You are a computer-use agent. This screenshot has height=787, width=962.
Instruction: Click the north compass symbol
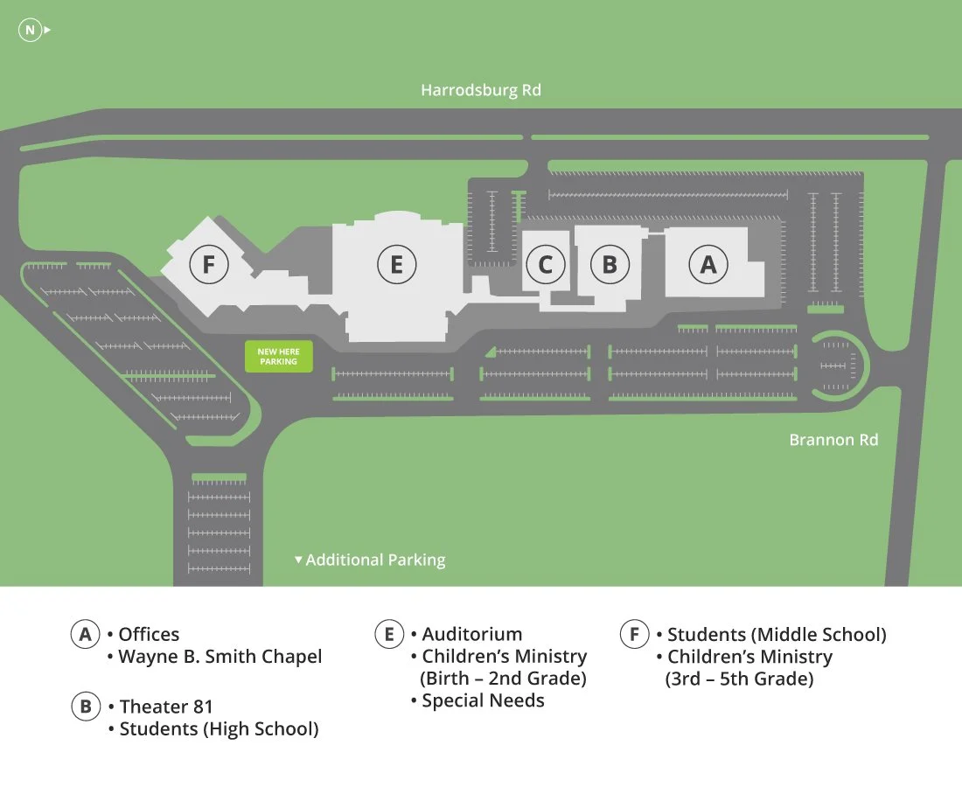pos(31,31)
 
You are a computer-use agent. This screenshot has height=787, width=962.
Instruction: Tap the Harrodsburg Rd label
pos(481,90)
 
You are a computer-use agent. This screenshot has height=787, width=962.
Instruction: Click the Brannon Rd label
pos(833,440)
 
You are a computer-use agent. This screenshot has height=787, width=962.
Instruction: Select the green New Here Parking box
pos(278,357)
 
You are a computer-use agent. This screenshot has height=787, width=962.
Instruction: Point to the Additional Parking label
pos(374,560)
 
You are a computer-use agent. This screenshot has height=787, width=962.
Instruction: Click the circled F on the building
pos(208,263)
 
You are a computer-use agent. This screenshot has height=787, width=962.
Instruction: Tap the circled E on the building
pos(396,264)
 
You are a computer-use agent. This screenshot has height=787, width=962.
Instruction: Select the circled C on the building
pos(545,264)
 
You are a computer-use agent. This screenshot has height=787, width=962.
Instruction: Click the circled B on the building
pos(610,264)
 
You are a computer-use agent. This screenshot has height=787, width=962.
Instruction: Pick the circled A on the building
pos(708,264)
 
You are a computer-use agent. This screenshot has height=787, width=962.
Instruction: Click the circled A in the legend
pos(85,635)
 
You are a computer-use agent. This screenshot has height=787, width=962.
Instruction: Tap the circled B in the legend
pos(85,707)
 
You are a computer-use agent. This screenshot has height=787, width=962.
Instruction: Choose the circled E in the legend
pos(389,635)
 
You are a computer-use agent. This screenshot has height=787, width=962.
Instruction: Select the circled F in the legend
pos(634,635)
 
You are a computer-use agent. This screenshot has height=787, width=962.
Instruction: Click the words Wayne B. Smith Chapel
pos(220,657)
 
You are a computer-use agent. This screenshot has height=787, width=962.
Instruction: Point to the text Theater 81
pos(166,707)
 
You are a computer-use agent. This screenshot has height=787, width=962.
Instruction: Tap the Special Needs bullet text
pos(483,700)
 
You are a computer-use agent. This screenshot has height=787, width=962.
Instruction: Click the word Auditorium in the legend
pos(472,635)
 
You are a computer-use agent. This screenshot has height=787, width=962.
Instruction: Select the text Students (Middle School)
pos(777,635)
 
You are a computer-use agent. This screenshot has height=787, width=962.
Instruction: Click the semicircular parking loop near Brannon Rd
pos(838,363)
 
